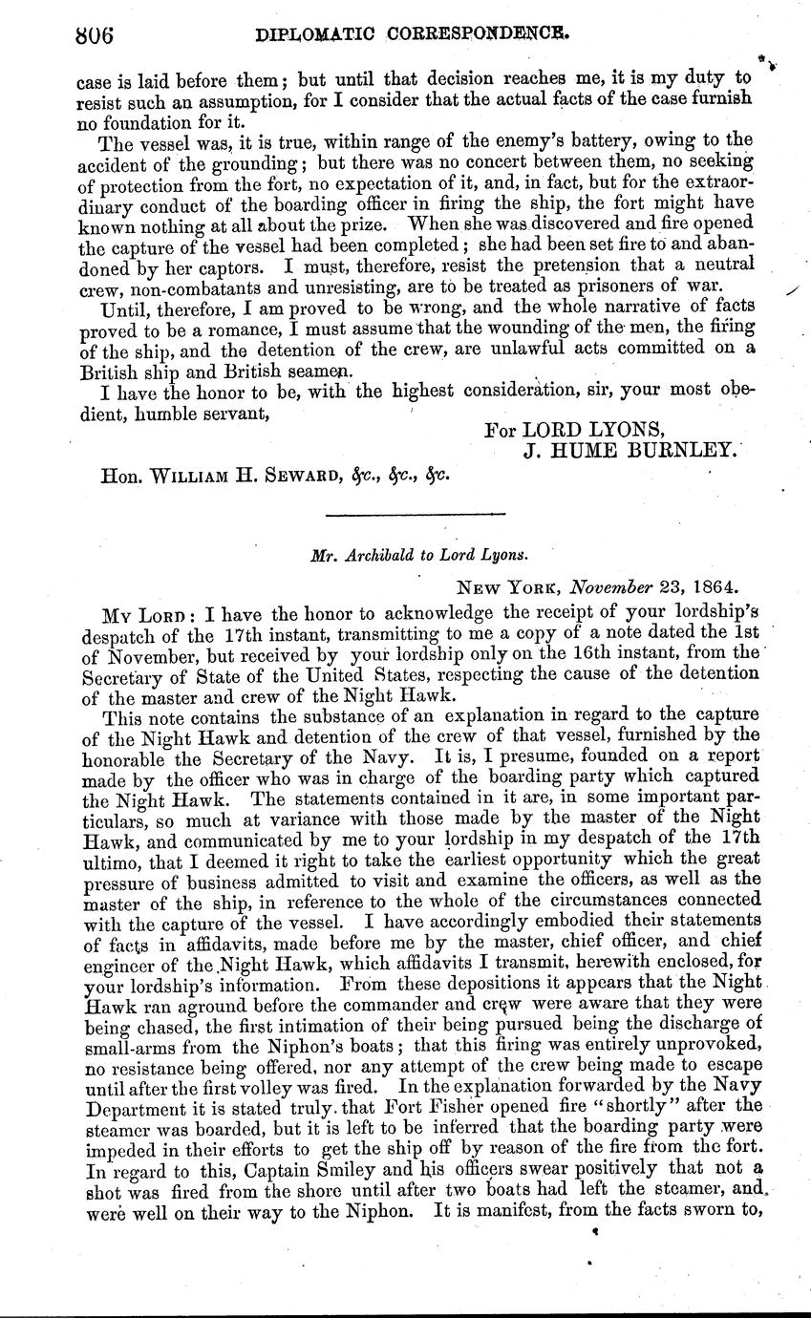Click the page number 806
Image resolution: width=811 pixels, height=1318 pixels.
pos(94,35)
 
